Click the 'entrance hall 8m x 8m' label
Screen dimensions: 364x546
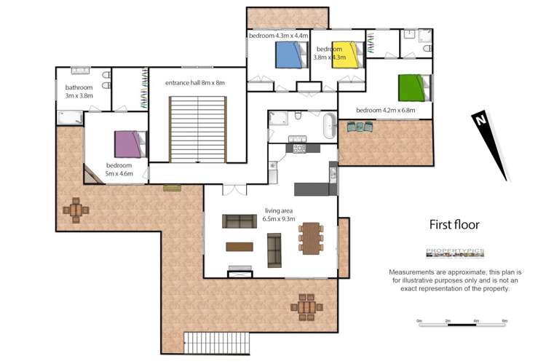(x=194, y=83)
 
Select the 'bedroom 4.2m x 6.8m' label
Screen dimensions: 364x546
(x=385, y=111)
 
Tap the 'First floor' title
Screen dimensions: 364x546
(x=454, y=224)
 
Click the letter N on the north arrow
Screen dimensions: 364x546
(x=479, y=121)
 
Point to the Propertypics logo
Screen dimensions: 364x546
(x=455, y=253)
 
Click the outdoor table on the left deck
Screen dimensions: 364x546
(x=76, y=210)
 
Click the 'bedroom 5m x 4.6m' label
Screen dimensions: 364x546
(x=119, y=170)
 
